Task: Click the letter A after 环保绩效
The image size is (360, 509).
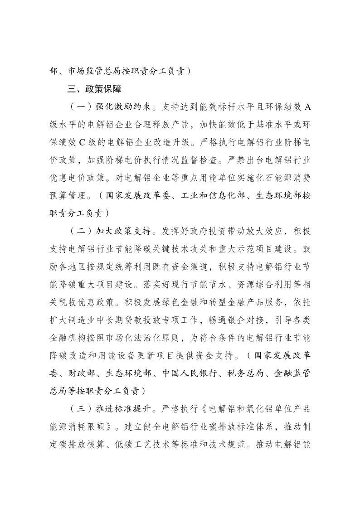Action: click(307, 107)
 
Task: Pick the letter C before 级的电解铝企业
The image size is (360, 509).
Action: click(82, 142)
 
